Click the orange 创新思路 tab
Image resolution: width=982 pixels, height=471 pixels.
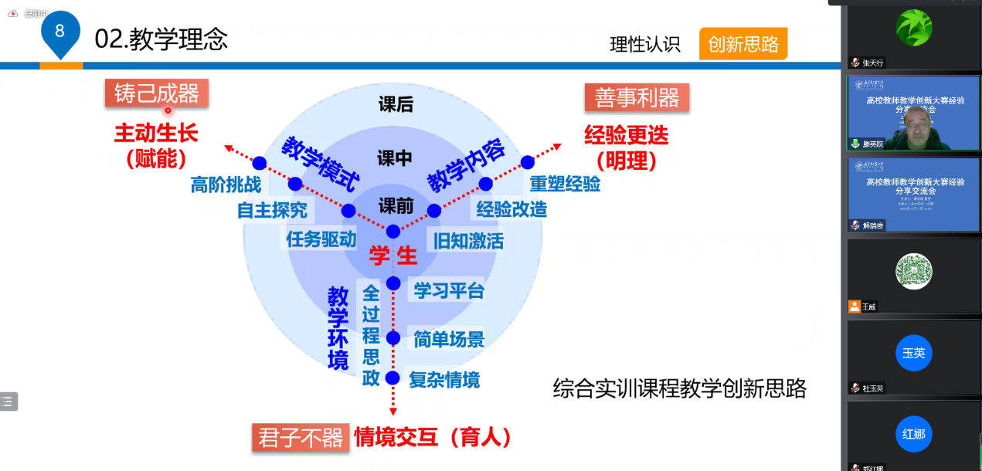[x=742, y=44]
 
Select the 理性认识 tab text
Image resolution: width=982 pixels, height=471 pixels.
[x=644, y=45]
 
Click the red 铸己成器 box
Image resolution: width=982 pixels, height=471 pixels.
[x=157, y=93]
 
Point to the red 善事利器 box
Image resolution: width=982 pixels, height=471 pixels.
[x=637, y=97]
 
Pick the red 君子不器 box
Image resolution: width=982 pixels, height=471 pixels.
[x=300, y=438]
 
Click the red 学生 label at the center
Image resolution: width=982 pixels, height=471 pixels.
[x=392, y=256]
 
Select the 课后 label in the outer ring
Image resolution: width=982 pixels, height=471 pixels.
[x=395, y=105]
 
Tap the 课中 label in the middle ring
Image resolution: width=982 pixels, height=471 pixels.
[x=395, y=158]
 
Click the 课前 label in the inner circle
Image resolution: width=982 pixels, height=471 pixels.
[x=396, y=206]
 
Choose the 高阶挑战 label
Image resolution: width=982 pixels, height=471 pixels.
[x=226, y=185]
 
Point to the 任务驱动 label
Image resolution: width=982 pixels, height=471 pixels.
[x=321, y=239]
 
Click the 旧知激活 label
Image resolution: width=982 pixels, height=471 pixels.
[x=468, y=241]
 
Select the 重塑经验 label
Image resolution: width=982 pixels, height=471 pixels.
[x=565, y=184]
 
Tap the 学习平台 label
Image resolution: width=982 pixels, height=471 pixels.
[x=449, y=290]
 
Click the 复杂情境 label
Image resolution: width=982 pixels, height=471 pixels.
[x=444, y=379]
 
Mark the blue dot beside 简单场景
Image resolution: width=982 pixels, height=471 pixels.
[x=393, y=337]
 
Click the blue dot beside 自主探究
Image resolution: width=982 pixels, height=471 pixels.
[x=294, y=184]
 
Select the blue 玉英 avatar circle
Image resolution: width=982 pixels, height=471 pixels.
[x=913, y=353]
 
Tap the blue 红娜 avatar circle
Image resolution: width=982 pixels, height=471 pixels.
[x=913, y=433]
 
